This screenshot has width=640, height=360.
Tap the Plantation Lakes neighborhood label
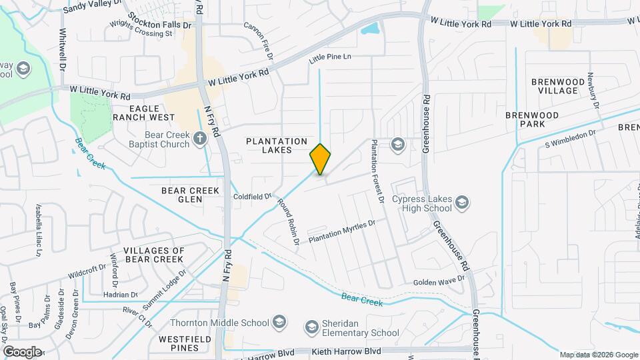coord(277,145)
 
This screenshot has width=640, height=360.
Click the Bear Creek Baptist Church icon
coord(199,140)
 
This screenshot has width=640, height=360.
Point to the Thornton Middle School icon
coord(281,323)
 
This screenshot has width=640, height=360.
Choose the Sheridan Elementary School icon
coord(311,327)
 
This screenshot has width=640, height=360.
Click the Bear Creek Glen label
coord(191,195)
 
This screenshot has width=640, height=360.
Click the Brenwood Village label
coord(554,86)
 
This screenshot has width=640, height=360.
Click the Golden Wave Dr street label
coord(439,281)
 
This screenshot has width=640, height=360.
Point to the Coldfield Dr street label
coord(253,197)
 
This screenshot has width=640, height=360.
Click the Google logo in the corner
coord(21,351)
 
